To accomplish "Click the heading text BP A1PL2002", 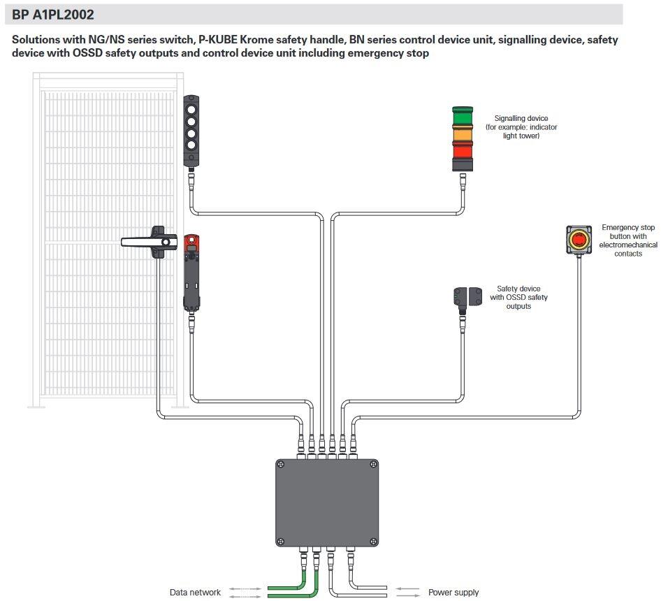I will click(53, 14).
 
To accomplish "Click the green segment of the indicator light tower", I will click(463, 117).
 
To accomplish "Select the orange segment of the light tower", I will click(463, 133).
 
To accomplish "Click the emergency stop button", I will click(579, 240).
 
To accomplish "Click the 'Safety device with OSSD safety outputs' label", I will click(518, 297).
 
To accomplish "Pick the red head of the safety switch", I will click(191, 243).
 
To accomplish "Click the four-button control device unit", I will click(191, 131).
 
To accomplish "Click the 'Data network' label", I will click(195, 592).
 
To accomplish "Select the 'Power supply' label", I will click(453, 592).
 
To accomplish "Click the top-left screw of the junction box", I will click(280, 464).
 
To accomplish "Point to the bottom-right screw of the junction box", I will click(373, 541).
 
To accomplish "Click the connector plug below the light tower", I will click(462, 183).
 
